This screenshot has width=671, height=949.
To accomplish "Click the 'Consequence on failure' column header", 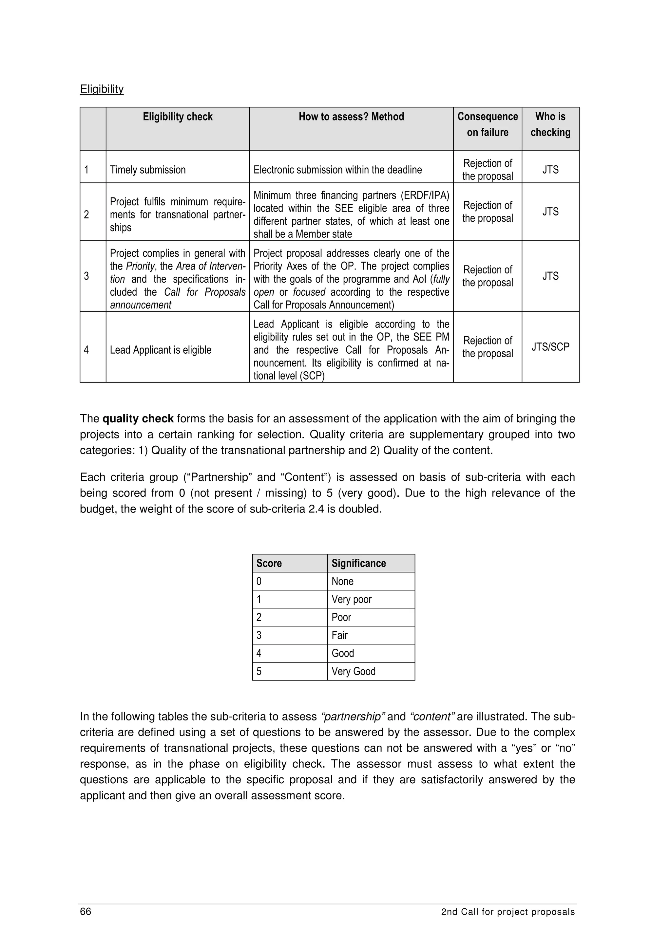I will [488, 124].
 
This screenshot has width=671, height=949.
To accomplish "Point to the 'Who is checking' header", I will [550, 124].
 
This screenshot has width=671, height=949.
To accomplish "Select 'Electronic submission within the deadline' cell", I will [337, 170].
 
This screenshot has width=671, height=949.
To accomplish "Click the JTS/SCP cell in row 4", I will [550, 347].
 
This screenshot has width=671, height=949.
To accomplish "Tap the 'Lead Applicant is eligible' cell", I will [161, 350].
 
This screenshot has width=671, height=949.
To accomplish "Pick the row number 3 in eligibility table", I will [86, 276].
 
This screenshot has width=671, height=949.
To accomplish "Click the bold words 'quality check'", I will [138, 419].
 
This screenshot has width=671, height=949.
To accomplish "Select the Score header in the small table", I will [269, 563].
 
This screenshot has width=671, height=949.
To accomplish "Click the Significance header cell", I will [358, 563].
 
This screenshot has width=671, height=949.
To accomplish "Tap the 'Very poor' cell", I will [352, 599].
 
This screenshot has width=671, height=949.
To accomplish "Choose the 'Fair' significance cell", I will [339, 635].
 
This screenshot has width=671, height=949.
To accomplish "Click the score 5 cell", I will [259, 671].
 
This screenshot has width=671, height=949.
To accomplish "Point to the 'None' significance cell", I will [342, 582].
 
